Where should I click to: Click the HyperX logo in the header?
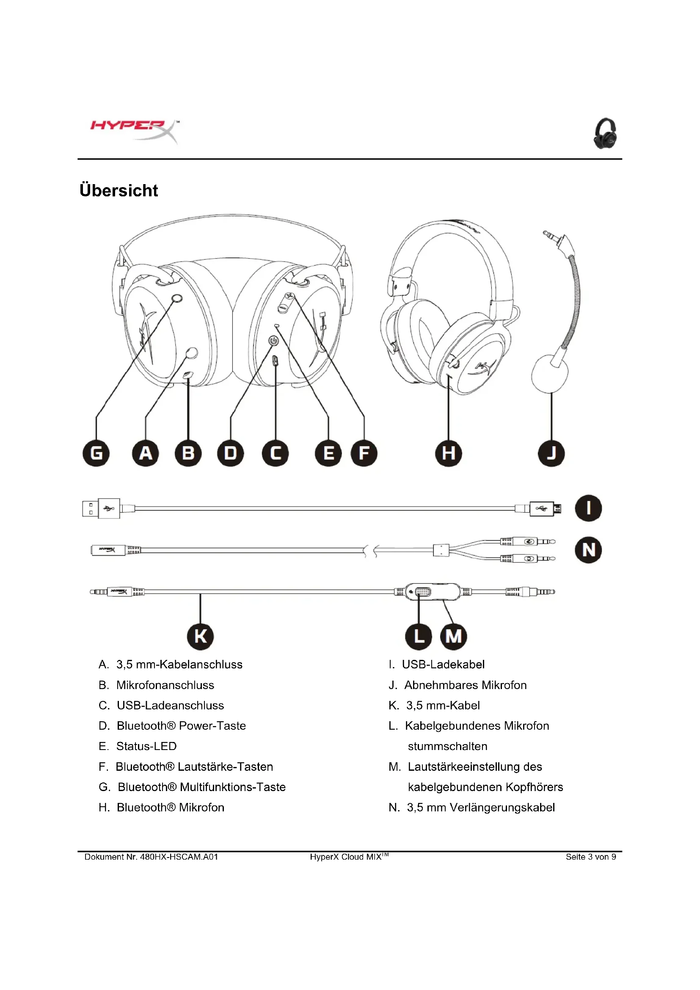(x=134, y=130)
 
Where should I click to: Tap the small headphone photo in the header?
(x=605, y=134)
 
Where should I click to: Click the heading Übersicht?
(x=119, y=190)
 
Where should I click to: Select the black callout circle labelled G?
(x=96, y=453)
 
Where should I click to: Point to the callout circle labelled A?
(x=145, y=453)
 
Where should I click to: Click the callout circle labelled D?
(x=231, y=453)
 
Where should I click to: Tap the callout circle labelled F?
(x=364, y=453)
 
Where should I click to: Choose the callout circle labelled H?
(x=448, y=453)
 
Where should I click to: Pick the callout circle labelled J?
(x=551, y=453)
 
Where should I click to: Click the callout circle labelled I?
(x=588, y=508)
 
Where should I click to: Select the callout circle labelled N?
(x=588, y=550)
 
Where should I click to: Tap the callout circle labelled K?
(x=201, y=637)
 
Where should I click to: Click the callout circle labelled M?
(x=453, y=637)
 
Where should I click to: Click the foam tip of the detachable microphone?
(x=550, y=373)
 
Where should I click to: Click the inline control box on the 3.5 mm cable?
(x=433, y=592)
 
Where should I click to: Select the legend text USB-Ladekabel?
(x=443, y=665)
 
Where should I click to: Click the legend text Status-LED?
(x=146, y=746)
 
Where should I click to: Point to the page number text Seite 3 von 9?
(x=590, y=857)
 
